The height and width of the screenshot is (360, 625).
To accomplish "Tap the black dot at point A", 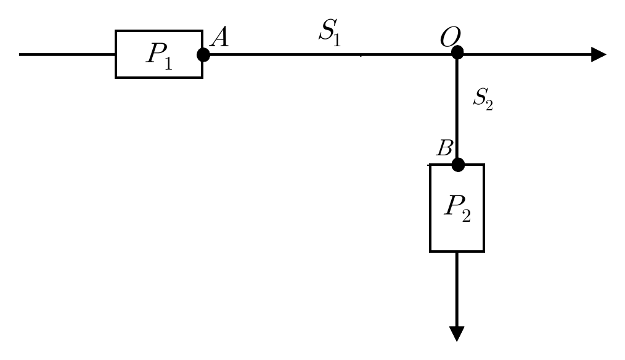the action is pos(203,55).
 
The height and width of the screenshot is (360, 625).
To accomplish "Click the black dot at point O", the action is pos(457,52).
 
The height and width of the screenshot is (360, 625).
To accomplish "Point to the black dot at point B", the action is pos(458,165).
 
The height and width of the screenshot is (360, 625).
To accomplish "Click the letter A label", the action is pos(219,38).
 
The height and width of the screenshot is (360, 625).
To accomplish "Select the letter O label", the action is pos(450,37).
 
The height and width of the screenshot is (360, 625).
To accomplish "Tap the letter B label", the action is pos(444,147).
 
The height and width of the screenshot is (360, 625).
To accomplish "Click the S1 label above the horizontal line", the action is pos(330,33).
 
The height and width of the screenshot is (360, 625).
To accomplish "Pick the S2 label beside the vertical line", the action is pos(483,99).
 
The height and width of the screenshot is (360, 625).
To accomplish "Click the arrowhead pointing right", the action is pos(598,54).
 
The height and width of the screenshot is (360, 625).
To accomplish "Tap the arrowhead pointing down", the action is pos(457,333).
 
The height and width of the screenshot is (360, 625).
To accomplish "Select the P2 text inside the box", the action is pos(457,208).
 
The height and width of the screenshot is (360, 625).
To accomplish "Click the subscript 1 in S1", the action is pos(337,40).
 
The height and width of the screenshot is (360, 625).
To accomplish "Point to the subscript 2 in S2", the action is pos(489,105).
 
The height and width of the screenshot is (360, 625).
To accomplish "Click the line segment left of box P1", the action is pos(67,54).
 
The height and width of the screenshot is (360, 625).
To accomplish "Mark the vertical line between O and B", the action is pos(457,108).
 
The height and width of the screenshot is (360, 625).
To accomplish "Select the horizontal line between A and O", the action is pos(330,54).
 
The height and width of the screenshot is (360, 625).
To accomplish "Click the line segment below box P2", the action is pos(457,290).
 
